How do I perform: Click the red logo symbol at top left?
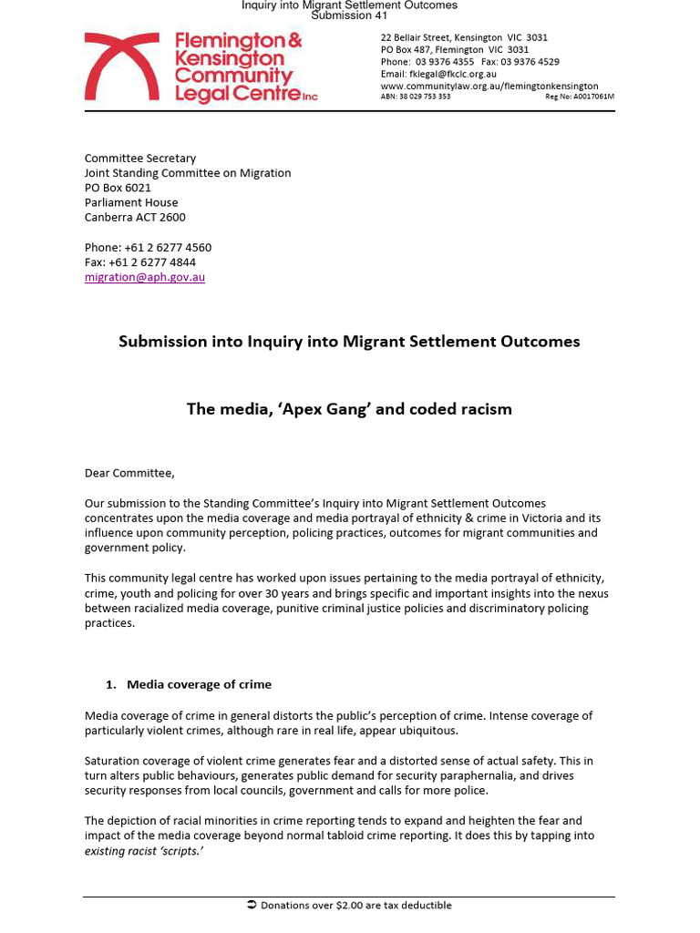tap(122, 67)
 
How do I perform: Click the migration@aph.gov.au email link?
tap(145, 277)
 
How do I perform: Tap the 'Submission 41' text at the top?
tap(349, 15)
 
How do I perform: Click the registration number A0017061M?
tap(591, 96)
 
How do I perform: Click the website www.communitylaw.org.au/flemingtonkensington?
tap(489, 86)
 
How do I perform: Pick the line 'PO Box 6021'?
tap(118, 188)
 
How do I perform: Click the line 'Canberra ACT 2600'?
tap(135, 217)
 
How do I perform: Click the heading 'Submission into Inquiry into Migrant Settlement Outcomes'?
tap(349, 342)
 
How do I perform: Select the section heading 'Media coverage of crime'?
tap(199, 684)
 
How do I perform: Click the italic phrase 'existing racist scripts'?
tap(144, 850)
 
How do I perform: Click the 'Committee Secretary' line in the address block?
tap(140, 158)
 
